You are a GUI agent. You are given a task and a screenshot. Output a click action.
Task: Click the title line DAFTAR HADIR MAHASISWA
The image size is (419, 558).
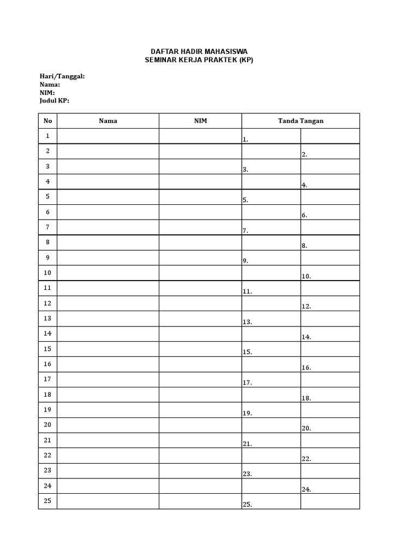tap(199, 51)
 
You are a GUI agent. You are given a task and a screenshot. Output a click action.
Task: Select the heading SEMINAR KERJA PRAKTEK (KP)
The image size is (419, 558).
tap(199, 59)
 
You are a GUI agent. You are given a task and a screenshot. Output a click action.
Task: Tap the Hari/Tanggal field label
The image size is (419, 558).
tap(62, 76)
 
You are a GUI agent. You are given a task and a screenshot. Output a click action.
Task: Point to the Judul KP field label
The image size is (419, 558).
tap(55, 100)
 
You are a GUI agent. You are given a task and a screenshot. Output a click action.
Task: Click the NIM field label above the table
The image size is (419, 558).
tap(47, 93)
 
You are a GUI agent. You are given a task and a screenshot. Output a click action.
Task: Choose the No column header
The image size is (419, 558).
tap(47, 120)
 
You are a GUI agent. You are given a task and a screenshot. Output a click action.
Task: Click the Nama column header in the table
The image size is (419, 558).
tap(108, 120)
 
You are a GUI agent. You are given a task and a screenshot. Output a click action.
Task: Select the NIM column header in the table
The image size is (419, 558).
tap(200, 120)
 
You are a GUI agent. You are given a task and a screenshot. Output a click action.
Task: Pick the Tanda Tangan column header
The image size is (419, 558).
tap(301, 120)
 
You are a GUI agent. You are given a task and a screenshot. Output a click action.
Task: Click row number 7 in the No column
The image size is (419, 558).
tap(47, 227)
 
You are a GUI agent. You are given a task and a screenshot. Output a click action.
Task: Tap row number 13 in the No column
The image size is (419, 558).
tap(47, 318)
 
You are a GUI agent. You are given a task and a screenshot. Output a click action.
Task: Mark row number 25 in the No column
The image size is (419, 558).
tap(47, 501)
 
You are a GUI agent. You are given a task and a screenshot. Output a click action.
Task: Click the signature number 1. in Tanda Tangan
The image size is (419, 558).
tap(246, 139)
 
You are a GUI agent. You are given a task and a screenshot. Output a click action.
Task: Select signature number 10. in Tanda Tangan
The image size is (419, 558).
tap(306, 276)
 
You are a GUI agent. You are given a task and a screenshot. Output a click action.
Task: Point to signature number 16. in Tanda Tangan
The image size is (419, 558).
tap(306, 368)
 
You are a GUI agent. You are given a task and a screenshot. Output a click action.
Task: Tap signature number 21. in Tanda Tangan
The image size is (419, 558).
tap(247, 444)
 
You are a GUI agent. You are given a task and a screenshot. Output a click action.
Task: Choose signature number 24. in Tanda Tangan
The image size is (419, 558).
tap(306, 490)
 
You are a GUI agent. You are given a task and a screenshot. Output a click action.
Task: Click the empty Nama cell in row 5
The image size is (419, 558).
tap(108, 197)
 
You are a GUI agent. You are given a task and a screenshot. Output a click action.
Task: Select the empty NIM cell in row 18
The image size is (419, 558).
tap(200, 395)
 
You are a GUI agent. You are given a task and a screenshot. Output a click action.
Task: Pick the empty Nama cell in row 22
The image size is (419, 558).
tap(108, 456)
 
